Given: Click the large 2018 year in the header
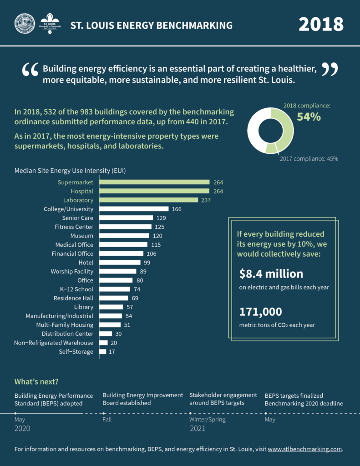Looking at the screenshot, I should [x=321, y=24].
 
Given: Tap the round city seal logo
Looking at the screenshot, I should [x=24, y=24].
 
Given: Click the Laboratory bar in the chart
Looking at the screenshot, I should [x=149, y=200].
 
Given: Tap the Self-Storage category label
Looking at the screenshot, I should [x=76, y=352].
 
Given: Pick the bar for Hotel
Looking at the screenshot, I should [x=120, y=263].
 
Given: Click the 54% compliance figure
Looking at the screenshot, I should [x=309, y=117].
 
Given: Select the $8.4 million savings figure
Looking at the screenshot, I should [x=271, y=274].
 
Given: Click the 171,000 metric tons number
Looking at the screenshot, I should [x=261, y=312].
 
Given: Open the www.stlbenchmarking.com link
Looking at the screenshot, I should [x=304, y=449].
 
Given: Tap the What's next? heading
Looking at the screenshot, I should [x=36, y=381].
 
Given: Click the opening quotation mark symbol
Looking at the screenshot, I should [x=30, y=71].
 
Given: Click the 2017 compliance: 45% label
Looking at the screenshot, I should [x=309, y=159].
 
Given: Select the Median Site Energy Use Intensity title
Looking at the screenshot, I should [x=70, y=171].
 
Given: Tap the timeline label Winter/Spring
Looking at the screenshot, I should [x=208, y=419].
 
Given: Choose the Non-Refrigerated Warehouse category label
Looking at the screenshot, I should [x=54, y=343].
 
